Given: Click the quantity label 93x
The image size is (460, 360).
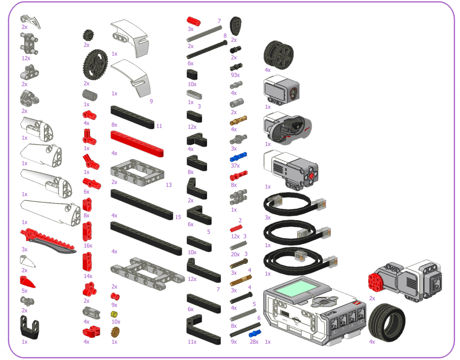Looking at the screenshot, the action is pyautogui.click(x=235, y=75).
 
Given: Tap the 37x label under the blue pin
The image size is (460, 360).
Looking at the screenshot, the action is pyautogui.click(x=235, y=166).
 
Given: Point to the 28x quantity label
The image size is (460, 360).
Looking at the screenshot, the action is pyautogui.click(x=254, y=342).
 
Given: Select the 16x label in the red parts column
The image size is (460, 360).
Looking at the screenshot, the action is pyautogui.click(x=88, y=246).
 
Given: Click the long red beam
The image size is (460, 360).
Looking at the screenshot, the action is pyautogui.click(x=137, y=144).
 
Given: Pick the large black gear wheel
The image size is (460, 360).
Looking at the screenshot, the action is pyautogui.click(x=95, y=65).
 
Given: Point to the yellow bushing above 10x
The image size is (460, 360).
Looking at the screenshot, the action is pyautogui.click(x=114, y=315).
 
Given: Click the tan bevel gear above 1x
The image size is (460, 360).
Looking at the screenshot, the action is pyautogui.click(x=115, y=332).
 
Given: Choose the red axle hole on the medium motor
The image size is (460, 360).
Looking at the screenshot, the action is pyautogui.click(x=311, y=176).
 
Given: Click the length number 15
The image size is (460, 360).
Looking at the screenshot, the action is pyautogui.click(x=178, y=217).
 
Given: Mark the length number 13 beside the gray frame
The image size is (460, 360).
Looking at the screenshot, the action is pyautogui.click(x=168, y=185).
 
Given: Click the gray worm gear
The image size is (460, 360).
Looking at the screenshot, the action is pyautogui.click(x=90, y=95).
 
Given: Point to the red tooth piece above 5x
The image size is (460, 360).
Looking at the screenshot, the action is pyautogui.click(x=27, y=282).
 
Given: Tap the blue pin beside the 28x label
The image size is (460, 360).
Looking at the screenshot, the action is pyautogui.click(x=255, y=334).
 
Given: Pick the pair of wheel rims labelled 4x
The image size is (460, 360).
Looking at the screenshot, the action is pyautogui.click(x=279, y=55).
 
